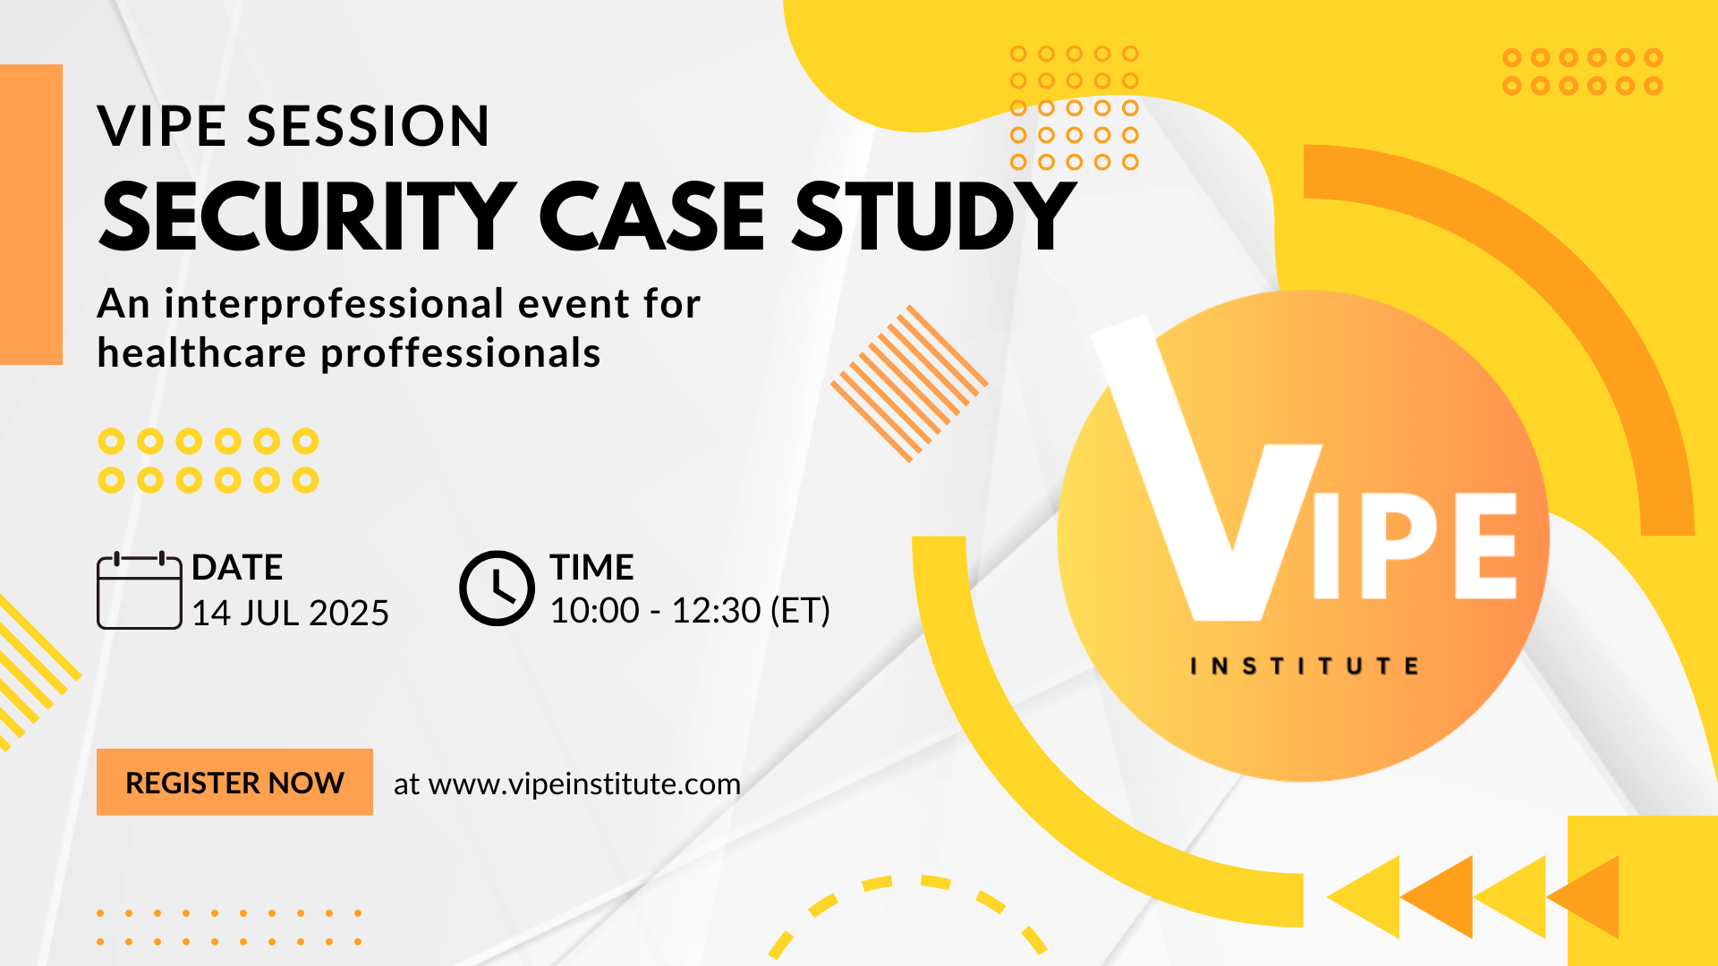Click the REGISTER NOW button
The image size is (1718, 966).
[x=234, y=782]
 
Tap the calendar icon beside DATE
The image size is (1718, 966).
[x=140, y=590]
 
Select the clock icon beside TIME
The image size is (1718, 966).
[x=497, y=588]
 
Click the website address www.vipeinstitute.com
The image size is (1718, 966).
[x=584, y=784]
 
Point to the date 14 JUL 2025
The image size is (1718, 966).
[x=290, y=613]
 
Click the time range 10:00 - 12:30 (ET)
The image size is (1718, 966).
[x=690, y=610]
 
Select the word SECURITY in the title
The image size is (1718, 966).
[x=308, y=216]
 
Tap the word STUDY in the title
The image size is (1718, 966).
[x=934, y=216]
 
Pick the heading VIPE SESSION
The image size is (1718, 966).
[x=293, y=125]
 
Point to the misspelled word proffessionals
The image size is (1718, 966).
[x=461, y=353]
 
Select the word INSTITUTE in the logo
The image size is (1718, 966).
[x=1305, y=666]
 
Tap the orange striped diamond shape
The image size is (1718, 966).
[x=909, y=384]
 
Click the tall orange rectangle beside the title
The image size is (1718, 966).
[x=31, y=215]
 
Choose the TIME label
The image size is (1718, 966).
[x=591, y=567]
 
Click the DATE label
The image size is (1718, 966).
[x=237, y=567]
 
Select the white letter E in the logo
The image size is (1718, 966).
[x=1486, y=546]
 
